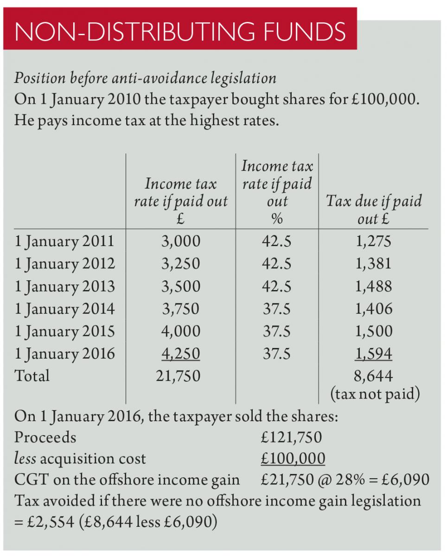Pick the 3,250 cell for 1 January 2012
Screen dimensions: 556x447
tap(180, 264)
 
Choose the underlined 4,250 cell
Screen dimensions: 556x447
tap(180, 354)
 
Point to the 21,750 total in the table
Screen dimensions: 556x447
tap(180, 376)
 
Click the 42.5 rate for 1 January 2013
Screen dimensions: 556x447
tap(277, 286)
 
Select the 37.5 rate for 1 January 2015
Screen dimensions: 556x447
tap(277, 331)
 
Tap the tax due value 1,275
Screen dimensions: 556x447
tap(373, 241)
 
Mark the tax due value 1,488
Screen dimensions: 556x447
tap(373, 286)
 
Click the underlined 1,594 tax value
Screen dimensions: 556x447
tap(373, 354)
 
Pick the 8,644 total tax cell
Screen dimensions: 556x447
tap(373, 376)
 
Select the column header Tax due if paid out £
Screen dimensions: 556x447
tap(373, 209)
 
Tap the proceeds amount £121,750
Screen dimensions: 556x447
tap(292, 437)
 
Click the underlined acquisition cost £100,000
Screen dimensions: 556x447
tap(293, 459)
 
